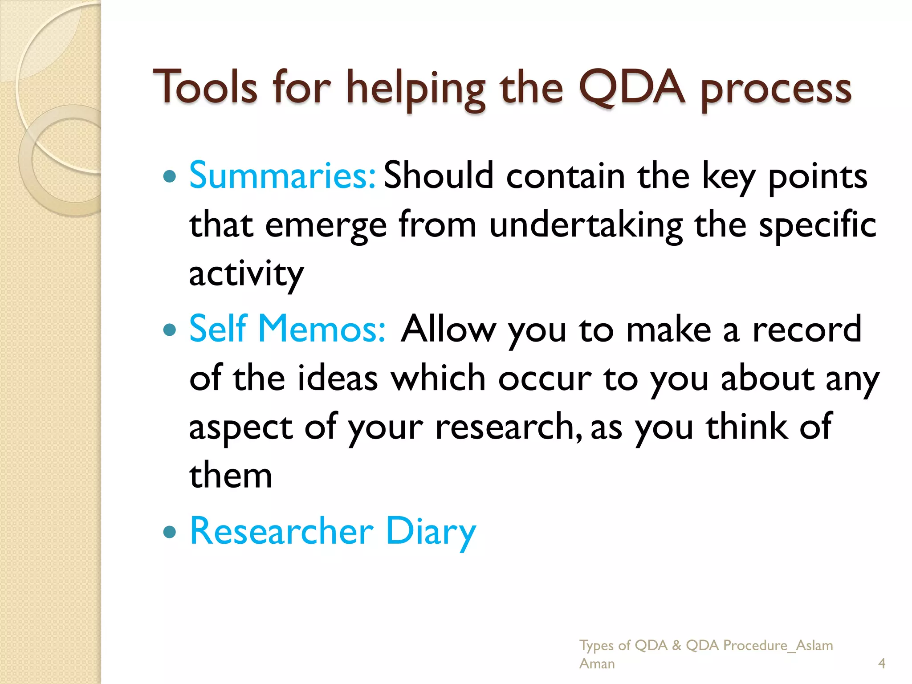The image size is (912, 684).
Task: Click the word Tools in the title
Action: pos(205,88)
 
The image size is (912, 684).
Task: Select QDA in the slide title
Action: pos(631,88)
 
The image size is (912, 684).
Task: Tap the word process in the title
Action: pos(776,90)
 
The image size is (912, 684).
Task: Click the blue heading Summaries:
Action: pos(282,175)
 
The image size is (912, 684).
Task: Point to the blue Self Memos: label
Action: pos(287,329)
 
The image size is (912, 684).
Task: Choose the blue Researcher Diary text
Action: pos(333,531)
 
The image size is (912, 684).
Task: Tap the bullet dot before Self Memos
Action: pos(170,330)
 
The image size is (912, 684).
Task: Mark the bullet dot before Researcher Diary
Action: pos(170,532)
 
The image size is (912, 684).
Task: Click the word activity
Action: pos(246,274)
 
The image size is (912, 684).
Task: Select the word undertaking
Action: pos(586,225)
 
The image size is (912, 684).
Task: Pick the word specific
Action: pos(818,225)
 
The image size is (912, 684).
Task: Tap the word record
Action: pos(807,330)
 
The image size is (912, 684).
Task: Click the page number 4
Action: pos(881,664)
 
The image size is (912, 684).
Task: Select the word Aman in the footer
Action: pos(597,664)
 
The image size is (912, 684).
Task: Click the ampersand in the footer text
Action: pos(676,645)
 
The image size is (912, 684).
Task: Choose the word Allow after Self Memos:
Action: pos(448,330)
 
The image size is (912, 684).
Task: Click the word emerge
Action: pos(326,225)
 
